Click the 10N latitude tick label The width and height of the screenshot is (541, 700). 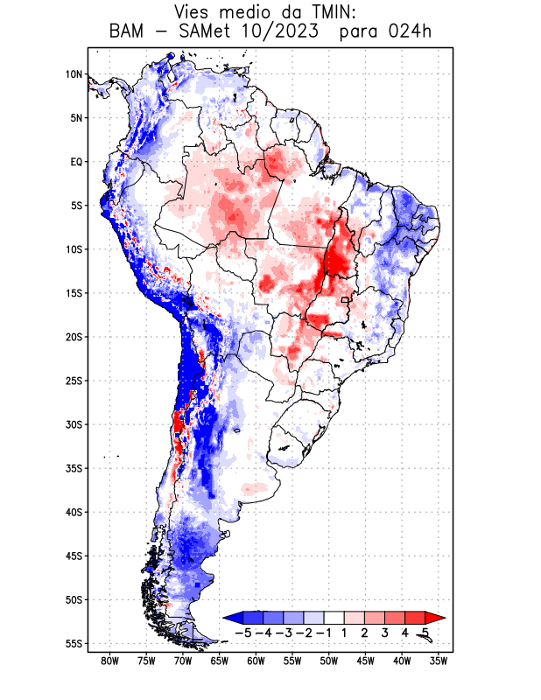coord(74,74)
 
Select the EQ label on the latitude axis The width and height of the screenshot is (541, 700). coord(75,162)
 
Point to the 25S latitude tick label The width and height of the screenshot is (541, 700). coord(74,381)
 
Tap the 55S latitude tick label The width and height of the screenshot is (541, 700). coord(74,643)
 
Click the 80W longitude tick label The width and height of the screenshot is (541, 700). coord(109,661)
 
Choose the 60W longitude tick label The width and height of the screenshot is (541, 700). coord(256,661)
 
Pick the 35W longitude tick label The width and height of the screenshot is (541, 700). coord(439,661)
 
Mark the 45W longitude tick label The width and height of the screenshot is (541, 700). coord(365,661)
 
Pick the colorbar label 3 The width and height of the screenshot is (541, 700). coord(385,632)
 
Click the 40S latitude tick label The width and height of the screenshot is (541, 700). coord(74,512)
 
